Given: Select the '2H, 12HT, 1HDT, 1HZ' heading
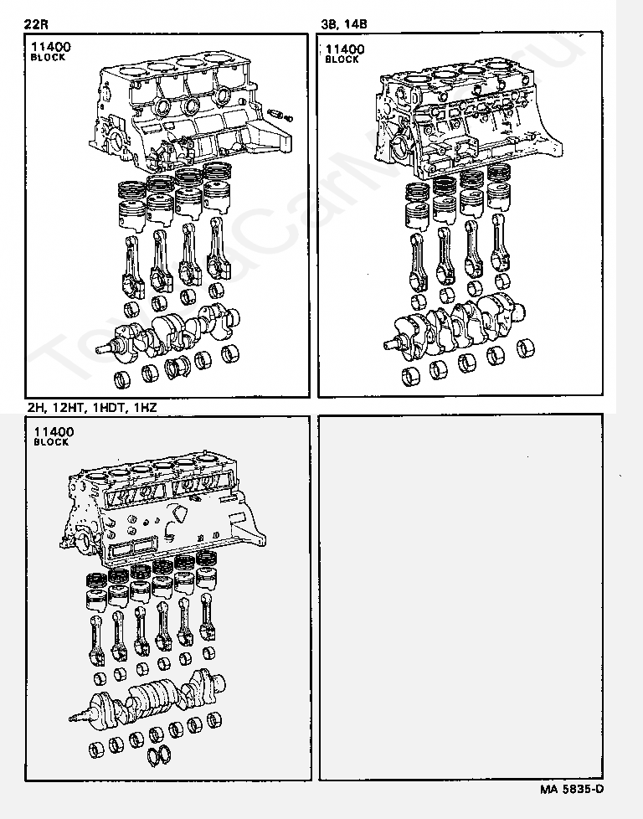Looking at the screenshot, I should (91, 407).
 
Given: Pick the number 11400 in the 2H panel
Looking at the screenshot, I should (54, 432).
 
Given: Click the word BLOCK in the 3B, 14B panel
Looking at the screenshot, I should (341, 60).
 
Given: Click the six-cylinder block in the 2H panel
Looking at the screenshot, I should (163, 511).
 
